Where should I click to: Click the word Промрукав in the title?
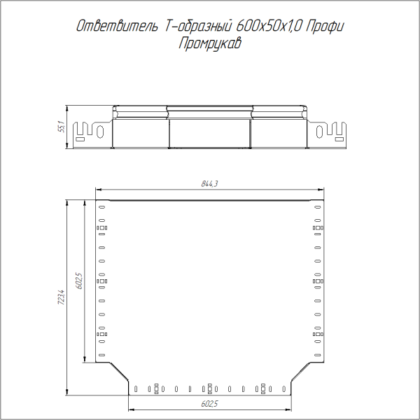tap(210, 43)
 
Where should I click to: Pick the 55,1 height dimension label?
tap(61, 127)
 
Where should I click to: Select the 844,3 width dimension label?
tap(210, 184)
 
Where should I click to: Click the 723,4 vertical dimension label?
tap(61, 298)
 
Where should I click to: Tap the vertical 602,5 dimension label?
tap(78, 281)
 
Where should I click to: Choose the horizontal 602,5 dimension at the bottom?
tap(210, 404)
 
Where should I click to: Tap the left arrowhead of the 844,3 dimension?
tap(98, 190)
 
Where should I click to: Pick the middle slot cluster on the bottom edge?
tap(209, 386)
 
